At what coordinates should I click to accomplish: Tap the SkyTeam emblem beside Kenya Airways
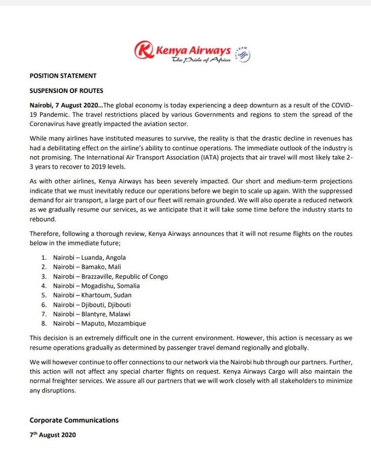[x=243, y=53]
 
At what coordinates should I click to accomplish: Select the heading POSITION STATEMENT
[x=63, y=76]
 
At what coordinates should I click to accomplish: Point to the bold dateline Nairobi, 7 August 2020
[x=65, y=106]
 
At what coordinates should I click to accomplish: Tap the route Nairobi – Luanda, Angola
[x=89, y=258]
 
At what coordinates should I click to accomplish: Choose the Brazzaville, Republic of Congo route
[x=110, y=277]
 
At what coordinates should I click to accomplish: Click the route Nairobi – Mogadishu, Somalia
[x=97, y=286]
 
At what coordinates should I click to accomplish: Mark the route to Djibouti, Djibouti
[x=92, y=305]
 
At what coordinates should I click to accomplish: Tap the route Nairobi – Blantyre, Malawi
[x=92, y=314]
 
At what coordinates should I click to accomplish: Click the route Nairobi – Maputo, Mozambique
[x=100, y=324]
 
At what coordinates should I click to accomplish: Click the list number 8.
[x=43, y=324]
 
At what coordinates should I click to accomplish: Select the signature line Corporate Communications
[x=74, y=420]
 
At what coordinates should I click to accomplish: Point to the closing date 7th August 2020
[x=53, y=434]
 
